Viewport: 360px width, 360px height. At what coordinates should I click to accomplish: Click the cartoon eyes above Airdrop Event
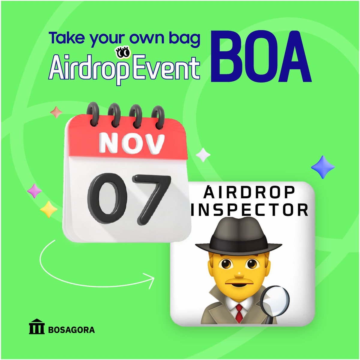coord(123,52)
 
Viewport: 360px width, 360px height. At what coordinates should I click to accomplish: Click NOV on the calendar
coord(132,144)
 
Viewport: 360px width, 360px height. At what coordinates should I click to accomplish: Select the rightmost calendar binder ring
coord(158,115)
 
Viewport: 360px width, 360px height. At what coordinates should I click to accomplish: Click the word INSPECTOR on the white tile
coord(250,210)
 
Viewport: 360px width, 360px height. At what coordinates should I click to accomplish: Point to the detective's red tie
coord(239,312)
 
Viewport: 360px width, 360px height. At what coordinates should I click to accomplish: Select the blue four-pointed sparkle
coord(323,167)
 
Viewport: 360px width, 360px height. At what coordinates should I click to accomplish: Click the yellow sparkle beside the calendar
coord(49,209)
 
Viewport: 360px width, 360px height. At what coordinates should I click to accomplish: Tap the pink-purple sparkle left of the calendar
coord(34,191)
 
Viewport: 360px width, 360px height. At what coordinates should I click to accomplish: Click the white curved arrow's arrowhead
coord(151,280)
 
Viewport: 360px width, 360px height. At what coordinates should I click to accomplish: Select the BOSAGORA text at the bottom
coord(71,330)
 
